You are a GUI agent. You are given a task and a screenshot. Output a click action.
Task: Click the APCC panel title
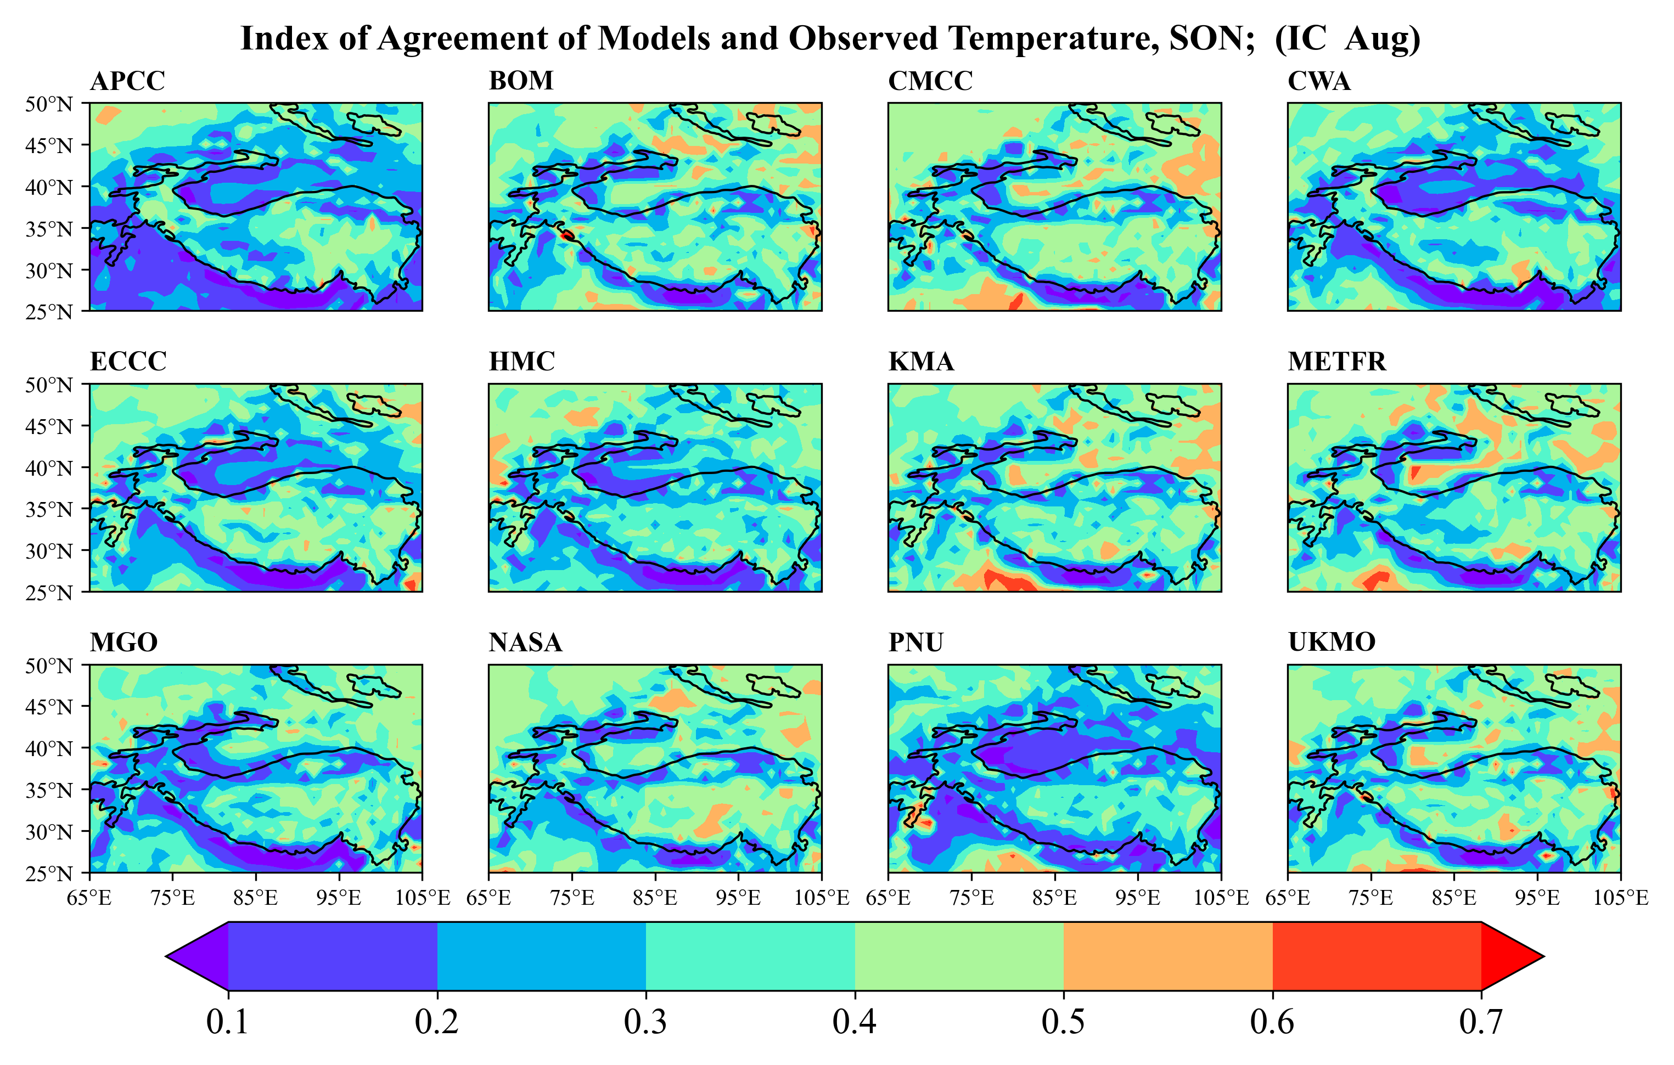click(127, 81)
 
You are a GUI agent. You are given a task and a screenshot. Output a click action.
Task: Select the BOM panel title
click(521, 81)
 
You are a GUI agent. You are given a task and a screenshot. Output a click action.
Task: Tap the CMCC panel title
click(930, 81)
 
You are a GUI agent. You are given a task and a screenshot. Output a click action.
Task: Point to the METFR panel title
click(1336, 362)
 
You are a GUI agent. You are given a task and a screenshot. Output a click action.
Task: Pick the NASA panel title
click(525, 643)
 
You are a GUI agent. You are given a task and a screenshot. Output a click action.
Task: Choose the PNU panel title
click(915, 643)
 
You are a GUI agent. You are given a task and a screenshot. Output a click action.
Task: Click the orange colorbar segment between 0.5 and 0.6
click(1168, 956)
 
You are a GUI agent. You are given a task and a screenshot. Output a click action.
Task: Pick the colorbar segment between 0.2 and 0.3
click(542, 956)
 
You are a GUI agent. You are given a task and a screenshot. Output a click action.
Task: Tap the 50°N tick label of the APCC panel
click(49, 104)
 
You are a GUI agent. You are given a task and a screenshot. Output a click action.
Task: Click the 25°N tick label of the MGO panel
click(49, 873)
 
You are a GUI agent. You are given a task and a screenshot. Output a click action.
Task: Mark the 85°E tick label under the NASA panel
click(655, 898)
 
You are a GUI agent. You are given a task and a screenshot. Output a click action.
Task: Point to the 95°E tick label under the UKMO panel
click(1537, 898)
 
